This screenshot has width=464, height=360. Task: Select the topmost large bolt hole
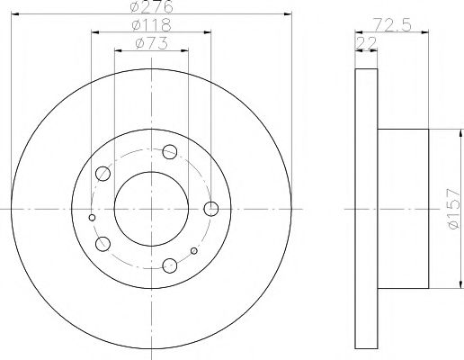click(x=171, y=151)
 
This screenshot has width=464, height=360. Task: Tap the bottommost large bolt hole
click(x=169, y=265)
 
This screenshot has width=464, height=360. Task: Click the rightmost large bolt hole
click(x=211, y=209)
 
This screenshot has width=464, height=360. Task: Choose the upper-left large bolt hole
click(x=103, y=173)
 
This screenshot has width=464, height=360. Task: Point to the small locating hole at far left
click(x=92, y=217)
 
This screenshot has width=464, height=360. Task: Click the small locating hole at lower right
click(x=194, y=249)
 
